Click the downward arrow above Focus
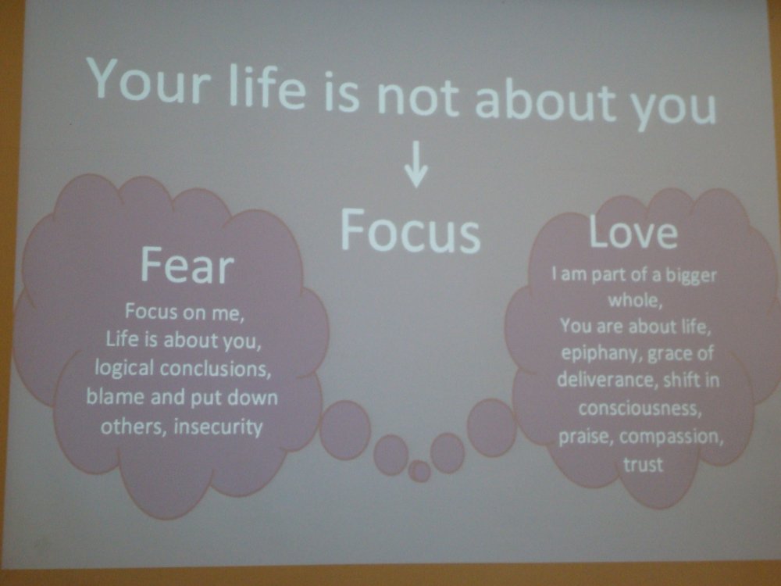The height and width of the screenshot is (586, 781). point(416,164)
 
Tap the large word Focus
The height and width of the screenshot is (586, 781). point(410,230)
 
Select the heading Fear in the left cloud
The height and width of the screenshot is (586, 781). point(187,265)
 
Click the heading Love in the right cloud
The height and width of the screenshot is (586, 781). point(633,232)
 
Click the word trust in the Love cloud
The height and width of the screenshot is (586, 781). point(643,464)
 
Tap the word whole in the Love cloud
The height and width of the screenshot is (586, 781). point(635,300)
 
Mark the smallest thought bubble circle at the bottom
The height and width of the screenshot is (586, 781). point(419,471)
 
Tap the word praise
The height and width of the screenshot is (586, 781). point(586,437)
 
